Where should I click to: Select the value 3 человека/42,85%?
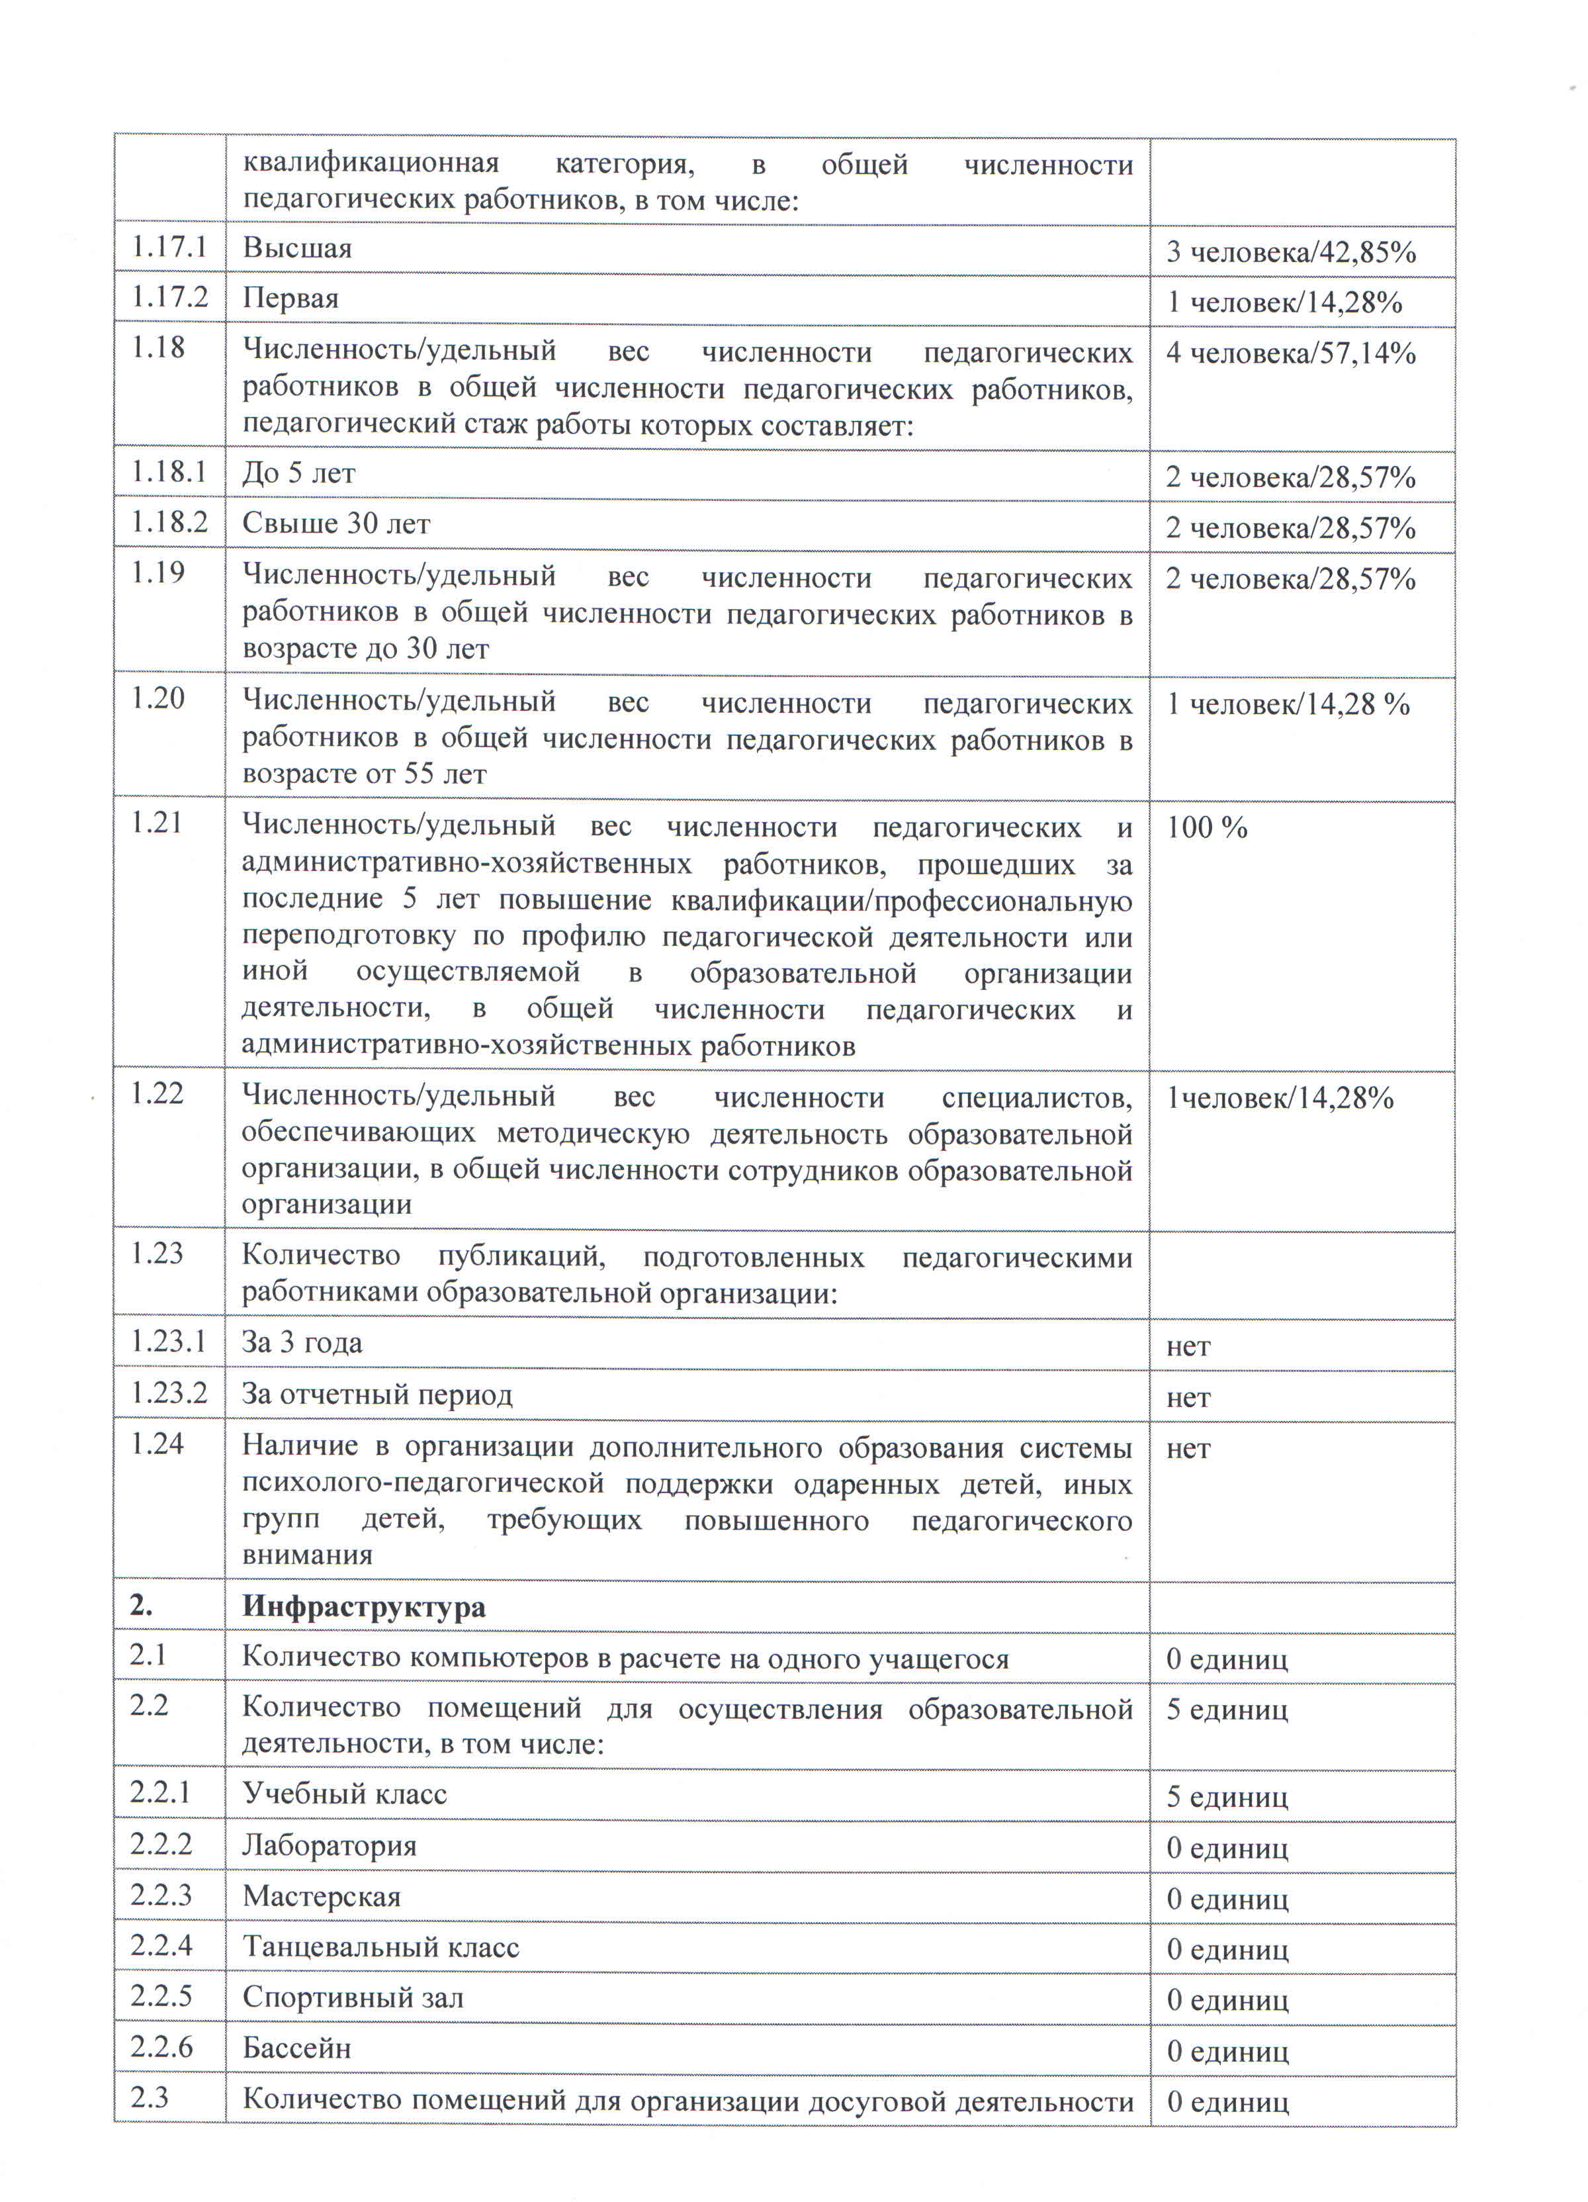point(1290,252)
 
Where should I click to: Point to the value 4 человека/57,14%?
point(1290,353)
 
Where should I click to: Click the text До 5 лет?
point(298,474)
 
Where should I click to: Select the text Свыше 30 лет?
point(335,524)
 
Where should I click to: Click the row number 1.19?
point(157,573)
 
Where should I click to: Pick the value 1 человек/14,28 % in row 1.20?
point(1287,704)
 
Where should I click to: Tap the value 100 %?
point(1206,828)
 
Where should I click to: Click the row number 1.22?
point(157,1093)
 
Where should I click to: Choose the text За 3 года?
point(301,1343)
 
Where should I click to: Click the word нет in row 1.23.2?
point(1188,1398)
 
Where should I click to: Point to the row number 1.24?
point(157,1444)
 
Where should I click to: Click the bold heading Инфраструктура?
point(363,1607)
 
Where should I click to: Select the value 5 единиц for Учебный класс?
point(1227,1796)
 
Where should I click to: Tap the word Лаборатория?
point(329,1846)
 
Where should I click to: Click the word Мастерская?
point(322,1896)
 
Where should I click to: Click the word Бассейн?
point(296,2048)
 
